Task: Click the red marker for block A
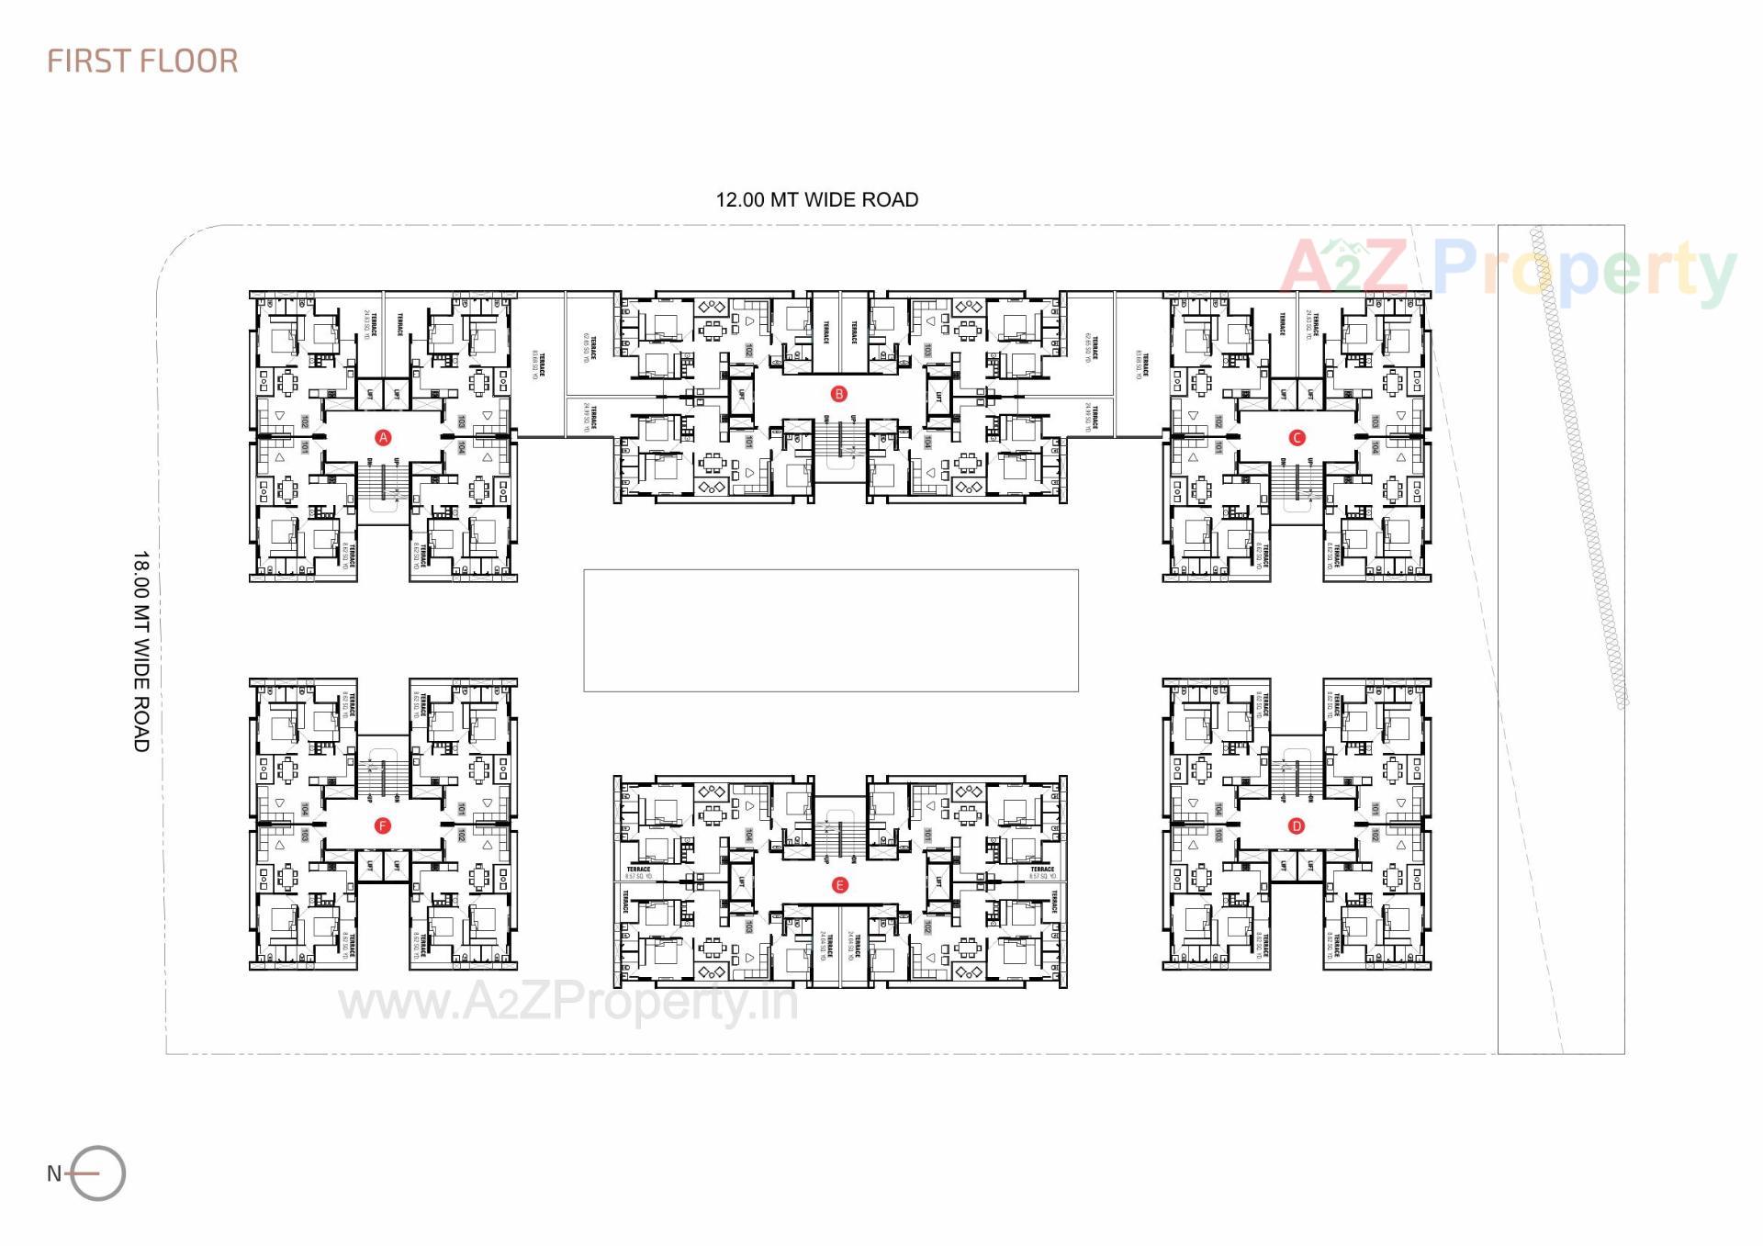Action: point(384,437)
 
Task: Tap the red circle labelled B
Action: point(838,394)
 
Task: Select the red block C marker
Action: point(1297,437)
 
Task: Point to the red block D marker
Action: point(1297,825)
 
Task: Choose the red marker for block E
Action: point(838,885)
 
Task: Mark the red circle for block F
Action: point(383,825)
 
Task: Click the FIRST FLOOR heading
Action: point(142,62)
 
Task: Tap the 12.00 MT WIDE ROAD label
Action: point(816,200)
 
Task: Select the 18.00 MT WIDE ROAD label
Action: point(140,651)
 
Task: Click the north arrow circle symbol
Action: point(98,1173)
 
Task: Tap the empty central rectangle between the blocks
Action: point(830,630)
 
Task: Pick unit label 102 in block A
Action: point(305,421)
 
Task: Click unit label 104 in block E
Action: point(749,835)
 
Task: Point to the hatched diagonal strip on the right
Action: point(1578,468)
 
